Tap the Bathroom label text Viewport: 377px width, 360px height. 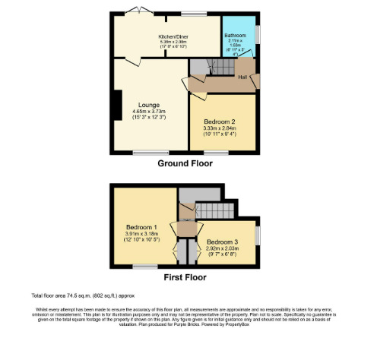[x=234, y=35]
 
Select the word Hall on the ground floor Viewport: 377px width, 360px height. [x=242, y=76]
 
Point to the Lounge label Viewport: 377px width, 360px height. [x=148, y=106]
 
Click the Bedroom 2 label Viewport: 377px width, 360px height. [x=220, y=122]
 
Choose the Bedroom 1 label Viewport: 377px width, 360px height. [x=142, y=227]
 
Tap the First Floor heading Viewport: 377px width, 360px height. [x=185, y=277]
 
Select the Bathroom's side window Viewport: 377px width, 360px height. [x=256, y=35]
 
